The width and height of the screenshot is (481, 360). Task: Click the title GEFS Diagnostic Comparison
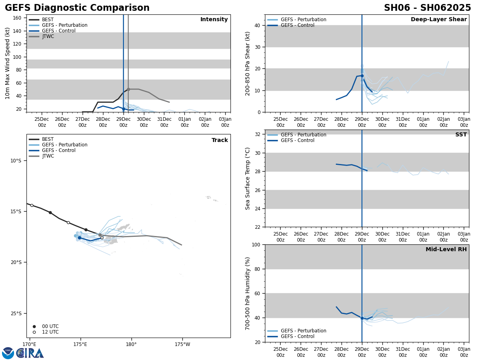[x=77, y=8]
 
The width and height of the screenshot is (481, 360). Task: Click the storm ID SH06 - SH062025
[x=427, y=8]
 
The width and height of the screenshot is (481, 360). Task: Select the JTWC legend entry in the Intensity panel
[x=48, y=36]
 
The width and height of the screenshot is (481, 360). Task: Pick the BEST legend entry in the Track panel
[x=48, y=139]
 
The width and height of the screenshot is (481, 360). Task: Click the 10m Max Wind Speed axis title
[x=8, y=63]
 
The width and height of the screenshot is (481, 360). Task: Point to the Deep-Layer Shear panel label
[x=439, y=20]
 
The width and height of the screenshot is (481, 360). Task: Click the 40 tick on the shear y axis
[x=257, y=25]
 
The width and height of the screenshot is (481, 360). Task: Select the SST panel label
[x=461, y=135]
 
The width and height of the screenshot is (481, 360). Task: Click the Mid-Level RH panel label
[x=446, y=250]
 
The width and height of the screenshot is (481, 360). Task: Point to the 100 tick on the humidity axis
[x=255, y=244]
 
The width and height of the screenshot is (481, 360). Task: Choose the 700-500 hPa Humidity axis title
[x=249, y=293]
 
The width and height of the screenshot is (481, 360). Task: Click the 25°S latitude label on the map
[x=16, y=313]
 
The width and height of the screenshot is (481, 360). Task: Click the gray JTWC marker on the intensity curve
[x=128, y=89]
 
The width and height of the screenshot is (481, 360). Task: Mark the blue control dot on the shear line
[x=362, y=76]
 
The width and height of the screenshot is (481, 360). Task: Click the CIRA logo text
[x=31, y=353]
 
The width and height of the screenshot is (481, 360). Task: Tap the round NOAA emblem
[x=8, y=353]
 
